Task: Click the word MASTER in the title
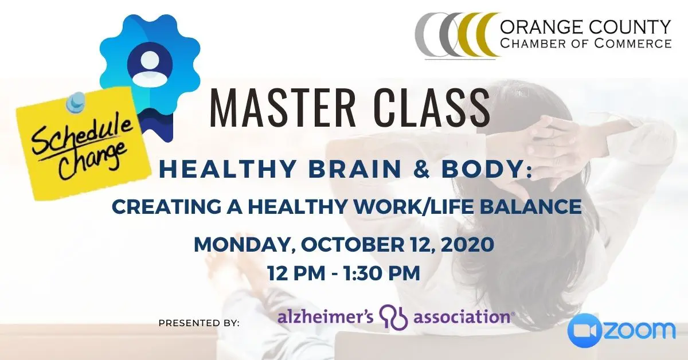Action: (x=283, y=108)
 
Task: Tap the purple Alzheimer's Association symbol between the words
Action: (x=394, y=317)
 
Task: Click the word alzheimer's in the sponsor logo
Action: (x=326, y=316)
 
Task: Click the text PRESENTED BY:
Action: (x=199, y=323)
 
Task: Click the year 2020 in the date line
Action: (x=468, y=245)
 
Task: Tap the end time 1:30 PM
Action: (x=381, y=273)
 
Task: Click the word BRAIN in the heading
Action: (x=355, y=169)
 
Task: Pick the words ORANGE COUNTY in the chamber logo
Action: (x=585, y=27)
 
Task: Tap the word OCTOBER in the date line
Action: (x=353, y=245)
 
